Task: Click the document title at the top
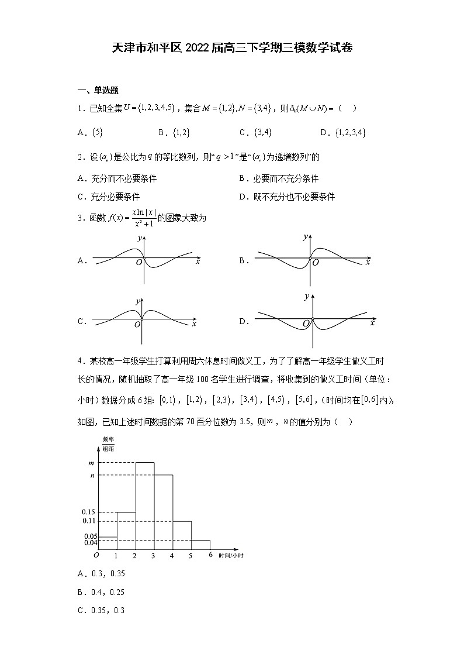(232, 48)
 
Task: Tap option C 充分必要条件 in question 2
(109, 197)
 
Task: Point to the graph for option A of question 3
(143, 257)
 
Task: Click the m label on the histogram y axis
(91, 463)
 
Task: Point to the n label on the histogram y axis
(92, 475)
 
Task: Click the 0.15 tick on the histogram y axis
(89, 512)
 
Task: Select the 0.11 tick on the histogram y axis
(89, 521)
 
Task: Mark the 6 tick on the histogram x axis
(210, 555)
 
